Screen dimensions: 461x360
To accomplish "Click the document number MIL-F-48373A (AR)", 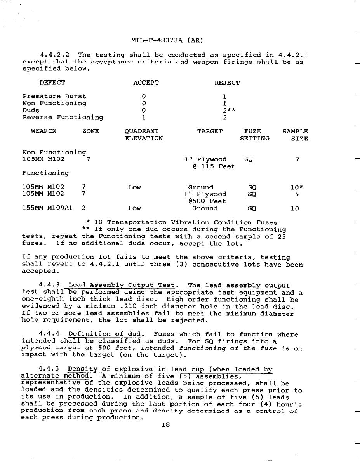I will click(x=167, y=40).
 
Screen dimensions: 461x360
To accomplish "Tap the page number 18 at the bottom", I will click(x=165, y=425).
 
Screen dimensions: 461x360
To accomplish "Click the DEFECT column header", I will click(x=52, y=83).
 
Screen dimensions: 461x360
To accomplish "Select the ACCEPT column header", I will click(x=146, y=83).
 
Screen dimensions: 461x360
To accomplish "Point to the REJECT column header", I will click(x=227, y=83).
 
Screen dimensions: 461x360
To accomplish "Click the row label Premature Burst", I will click(x=54, y=96).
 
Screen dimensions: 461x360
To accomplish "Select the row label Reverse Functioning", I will click(x=63, y=117).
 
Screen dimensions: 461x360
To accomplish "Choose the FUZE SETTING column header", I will click(x=254, y=135).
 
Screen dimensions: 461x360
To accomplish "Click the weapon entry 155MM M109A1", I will click(x=47, y=208).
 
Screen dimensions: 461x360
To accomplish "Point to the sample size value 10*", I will click(x=297, y=187).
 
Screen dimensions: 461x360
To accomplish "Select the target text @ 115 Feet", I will click(x=214, y=166).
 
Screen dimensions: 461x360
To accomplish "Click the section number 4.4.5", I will click(x=49, y=369).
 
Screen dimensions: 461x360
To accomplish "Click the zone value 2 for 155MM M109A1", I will click(x=84, y=208).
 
